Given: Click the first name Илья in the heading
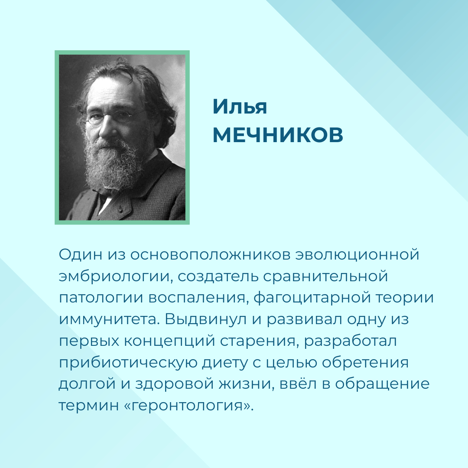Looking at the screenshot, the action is coord(240,107).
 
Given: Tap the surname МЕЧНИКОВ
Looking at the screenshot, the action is coord(278,135).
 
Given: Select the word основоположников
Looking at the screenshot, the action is coord(210,255).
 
